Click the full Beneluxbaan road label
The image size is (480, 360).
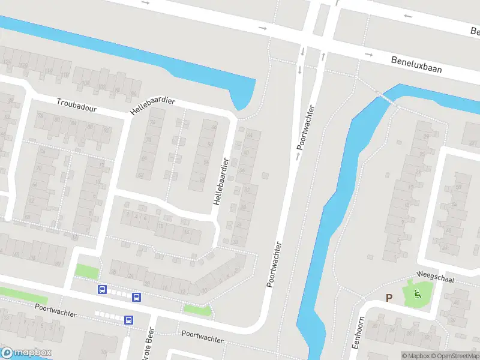(416, 65)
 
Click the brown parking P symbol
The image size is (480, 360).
(389, 298)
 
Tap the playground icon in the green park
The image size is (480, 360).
(418, 293)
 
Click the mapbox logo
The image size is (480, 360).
(26, 353)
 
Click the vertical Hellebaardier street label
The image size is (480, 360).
(220, 181)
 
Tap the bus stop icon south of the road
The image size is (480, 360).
(129, 320)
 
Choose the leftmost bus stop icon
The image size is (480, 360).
(102, 290)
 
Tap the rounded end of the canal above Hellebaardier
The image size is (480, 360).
(242, 102)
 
